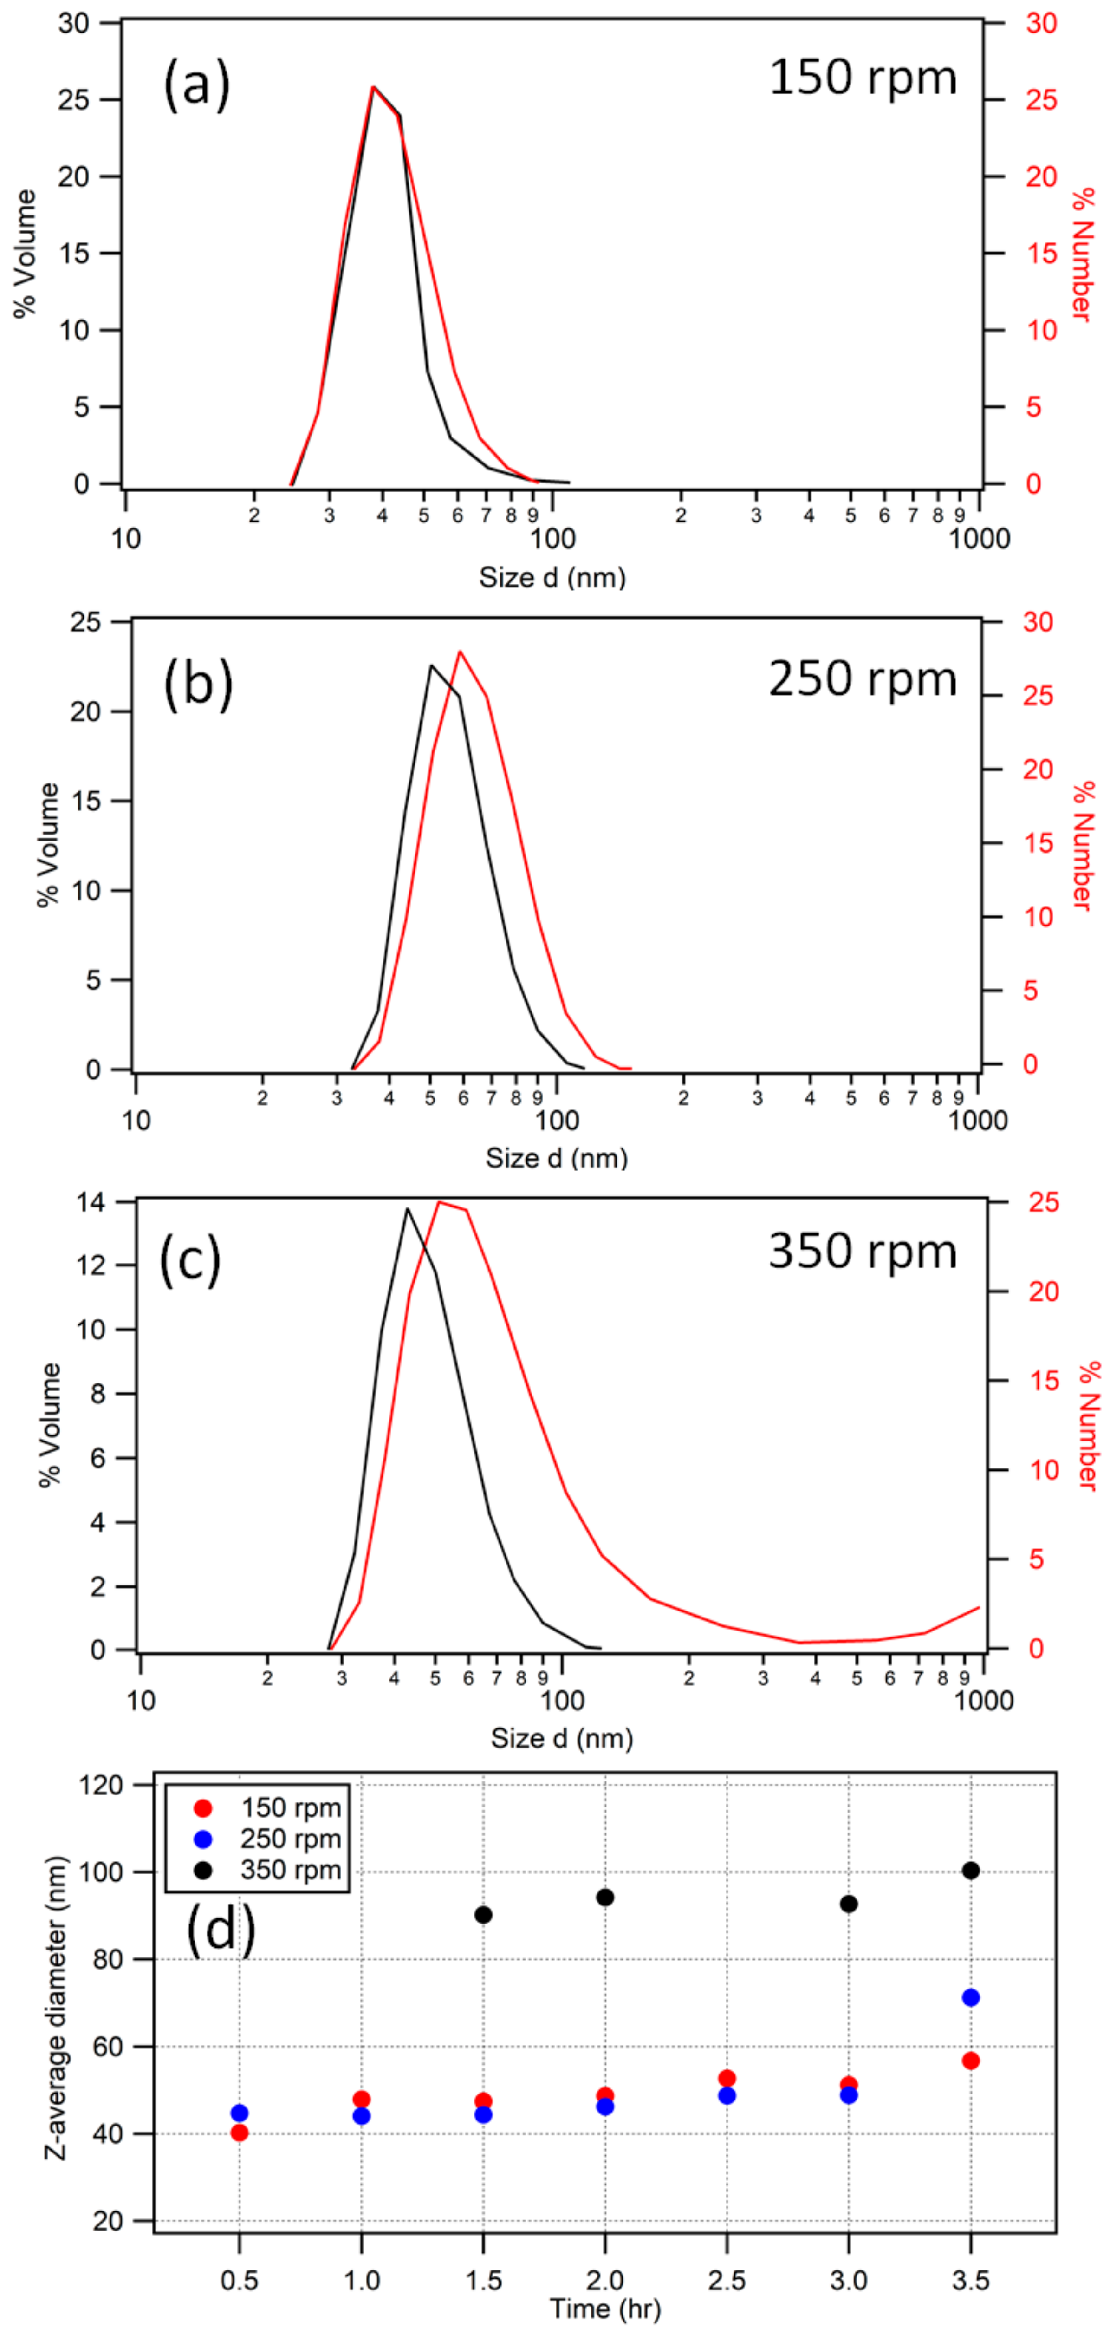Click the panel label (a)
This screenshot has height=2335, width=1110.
tap(197, 86)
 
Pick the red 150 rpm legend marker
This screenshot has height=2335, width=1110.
tap(203, 1808)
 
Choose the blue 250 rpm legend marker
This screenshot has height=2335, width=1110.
tap(203, 1839)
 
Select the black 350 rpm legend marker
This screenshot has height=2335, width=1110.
tap(203, 1870)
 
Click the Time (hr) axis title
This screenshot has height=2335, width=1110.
tap(604, 2309)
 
